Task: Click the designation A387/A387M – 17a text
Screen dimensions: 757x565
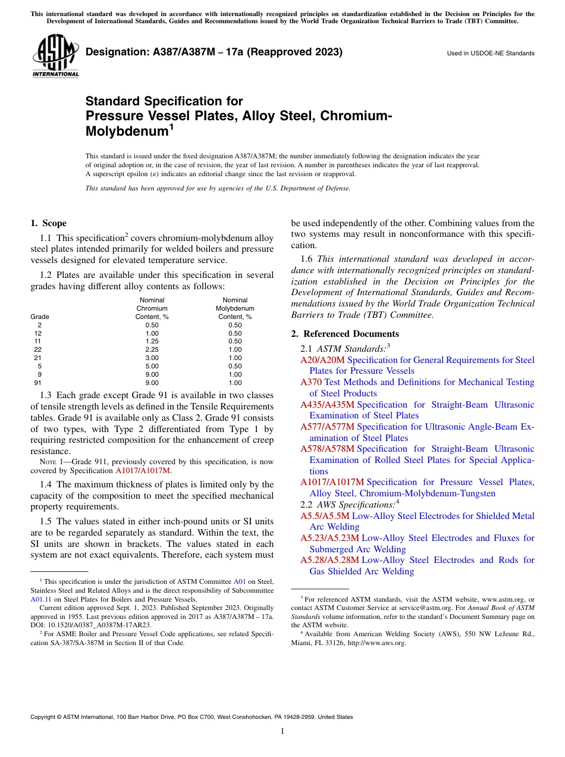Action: click(x=214, y=52)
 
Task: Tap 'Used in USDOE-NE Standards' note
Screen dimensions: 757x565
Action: click(x=490, y=54)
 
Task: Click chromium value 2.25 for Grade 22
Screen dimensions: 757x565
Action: click(x=152, y=350)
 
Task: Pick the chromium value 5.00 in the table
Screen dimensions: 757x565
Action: click(x=152, y=367)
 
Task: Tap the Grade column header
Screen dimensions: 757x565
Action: click(x=40, y=317)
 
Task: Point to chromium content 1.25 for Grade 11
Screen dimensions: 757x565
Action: click(x=152, y=342)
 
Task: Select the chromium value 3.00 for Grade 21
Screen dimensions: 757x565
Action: click(x=152, y=358)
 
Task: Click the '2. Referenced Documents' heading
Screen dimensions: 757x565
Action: click(x=345, y=334)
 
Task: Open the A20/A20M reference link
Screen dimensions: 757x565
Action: click(x=322, y=360)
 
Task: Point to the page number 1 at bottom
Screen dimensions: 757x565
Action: click(x=282, y=731)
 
